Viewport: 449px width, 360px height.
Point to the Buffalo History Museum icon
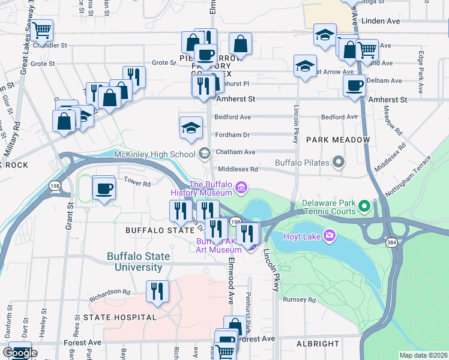pos(241,188)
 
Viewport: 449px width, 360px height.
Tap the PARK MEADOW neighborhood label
pos(338,140)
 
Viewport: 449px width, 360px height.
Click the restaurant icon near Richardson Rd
pos(157,291)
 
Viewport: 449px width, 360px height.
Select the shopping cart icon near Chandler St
pos(42,30)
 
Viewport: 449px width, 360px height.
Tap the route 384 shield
pos(390,241)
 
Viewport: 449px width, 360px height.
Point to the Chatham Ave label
pos(235,152)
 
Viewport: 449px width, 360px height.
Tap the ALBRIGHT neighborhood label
pos(318,344)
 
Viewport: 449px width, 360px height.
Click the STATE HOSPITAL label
pos(120,317)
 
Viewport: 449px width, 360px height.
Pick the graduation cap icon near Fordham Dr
pos(191,128)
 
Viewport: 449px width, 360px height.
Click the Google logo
pos(20,353)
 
